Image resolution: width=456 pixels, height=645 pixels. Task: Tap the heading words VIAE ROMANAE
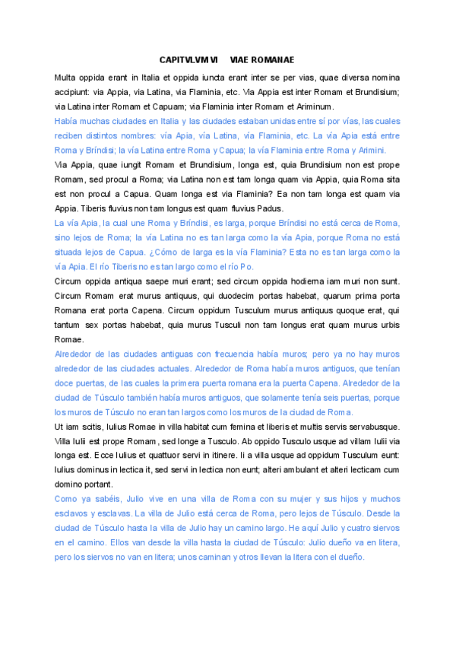point(262,59)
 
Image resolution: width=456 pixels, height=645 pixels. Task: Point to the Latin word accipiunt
point(72,92)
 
